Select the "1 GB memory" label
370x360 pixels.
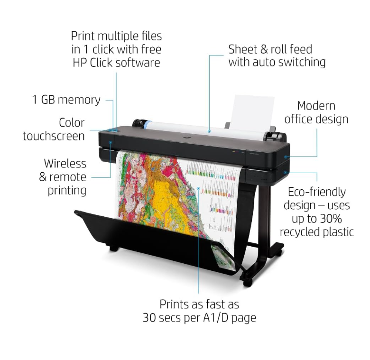click(x=66, y=100)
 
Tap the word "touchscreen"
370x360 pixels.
click(x=54, y=136)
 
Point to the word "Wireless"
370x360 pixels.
click(x=65, y=164)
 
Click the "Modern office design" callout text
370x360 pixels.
click(x=316, y=112)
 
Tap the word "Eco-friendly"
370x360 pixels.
click(x=317, y=192)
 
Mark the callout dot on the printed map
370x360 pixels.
click(x=198, y=188)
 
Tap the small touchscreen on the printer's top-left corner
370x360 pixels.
click(x=114, y=129)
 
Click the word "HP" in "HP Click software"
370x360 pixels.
click(x=79, y=63)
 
